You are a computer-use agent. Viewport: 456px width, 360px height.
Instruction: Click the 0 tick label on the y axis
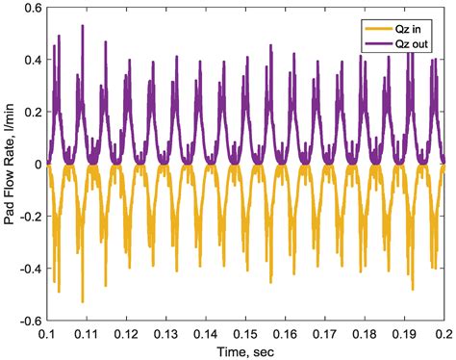tap(36, 165)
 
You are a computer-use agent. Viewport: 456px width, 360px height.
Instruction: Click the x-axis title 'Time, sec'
tap(244, 350)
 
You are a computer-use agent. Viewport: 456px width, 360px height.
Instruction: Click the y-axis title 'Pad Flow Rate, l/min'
tap(10, 165)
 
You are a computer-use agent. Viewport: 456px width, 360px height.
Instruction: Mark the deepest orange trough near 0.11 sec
tap(83, 301)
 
